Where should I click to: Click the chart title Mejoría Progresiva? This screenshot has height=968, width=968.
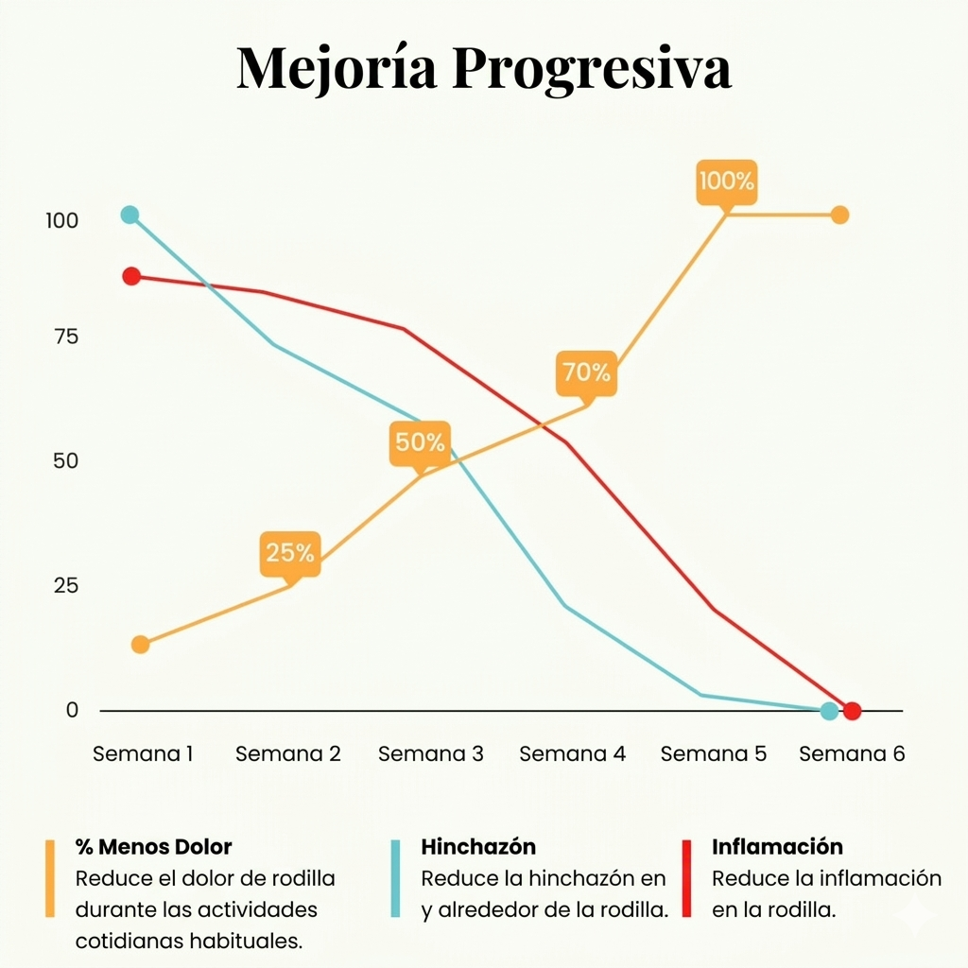(x=483, y=68)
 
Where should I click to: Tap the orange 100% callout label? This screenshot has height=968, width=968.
(x=726, y=181)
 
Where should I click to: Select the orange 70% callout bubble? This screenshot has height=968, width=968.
(x=586, y=372)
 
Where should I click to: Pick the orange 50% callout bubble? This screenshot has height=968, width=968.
(x=420, y=442)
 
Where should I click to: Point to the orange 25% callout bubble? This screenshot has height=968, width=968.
(x=289, y=553)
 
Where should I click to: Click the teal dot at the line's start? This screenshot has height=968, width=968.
(x=130, y=215)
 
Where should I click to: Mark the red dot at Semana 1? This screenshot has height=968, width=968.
(x=131, y=276)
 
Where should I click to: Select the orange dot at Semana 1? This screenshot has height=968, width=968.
(x=140, y=645)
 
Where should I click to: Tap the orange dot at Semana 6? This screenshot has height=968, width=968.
(x=839, y=215)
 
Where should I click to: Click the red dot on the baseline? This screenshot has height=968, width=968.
(x=852, y=711)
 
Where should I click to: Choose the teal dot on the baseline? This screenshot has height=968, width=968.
(x=829, y=711)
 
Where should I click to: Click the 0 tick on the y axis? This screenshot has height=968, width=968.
(x=72, y=710)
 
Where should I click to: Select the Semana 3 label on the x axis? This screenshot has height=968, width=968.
(x=430, y=754)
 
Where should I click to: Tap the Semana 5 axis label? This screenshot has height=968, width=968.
(x=714, y=754)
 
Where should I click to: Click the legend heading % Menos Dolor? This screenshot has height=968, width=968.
(x=153, y=846)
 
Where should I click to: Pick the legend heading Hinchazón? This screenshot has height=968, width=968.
(x=478, y=846)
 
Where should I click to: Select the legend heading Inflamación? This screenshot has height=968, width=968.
(x=777, y=846)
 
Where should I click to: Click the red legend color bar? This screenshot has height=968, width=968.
(x=687, y=878)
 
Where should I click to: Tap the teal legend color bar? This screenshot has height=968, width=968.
(x=396, y=878)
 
